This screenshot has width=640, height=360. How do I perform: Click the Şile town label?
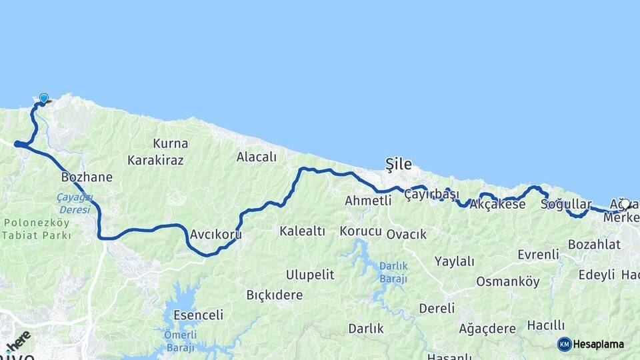[x=399, y=164]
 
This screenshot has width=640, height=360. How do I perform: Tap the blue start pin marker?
[x=44, y=99]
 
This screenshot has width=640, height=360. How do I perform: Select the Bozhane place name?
[x=87, y=177]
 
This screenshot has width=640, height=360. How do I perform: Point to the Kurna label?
[x=170, y=143]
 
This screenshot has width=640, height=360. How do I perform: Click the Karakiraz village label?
[x=155, y=160]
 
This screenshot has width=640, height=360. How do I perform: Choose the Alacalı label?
[x=256, y=157]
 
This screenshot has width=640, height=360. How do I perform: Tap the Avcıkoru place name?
[x=215, y=235]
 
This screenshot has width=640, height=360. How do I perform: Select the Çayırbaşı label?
[x=432, y=194]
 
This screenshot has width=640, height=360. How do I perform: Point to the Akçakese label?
[x=497, y=204]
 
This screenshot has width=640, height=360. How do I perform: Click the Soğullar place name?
[x=566, y=204]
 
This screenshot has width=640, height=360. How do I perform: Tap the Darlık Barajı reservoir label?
[x=393, y=272]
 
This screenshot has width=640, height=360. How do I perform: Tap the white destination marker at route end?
[x=625, y=204]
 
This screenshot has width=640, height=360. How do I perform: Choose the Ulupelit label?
[x=309, y=275]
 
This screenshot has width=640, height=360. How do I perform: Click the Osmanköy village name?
[x=507, y=281]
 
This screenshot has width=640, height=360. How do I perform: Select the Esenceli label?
[x=198, y=315]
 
